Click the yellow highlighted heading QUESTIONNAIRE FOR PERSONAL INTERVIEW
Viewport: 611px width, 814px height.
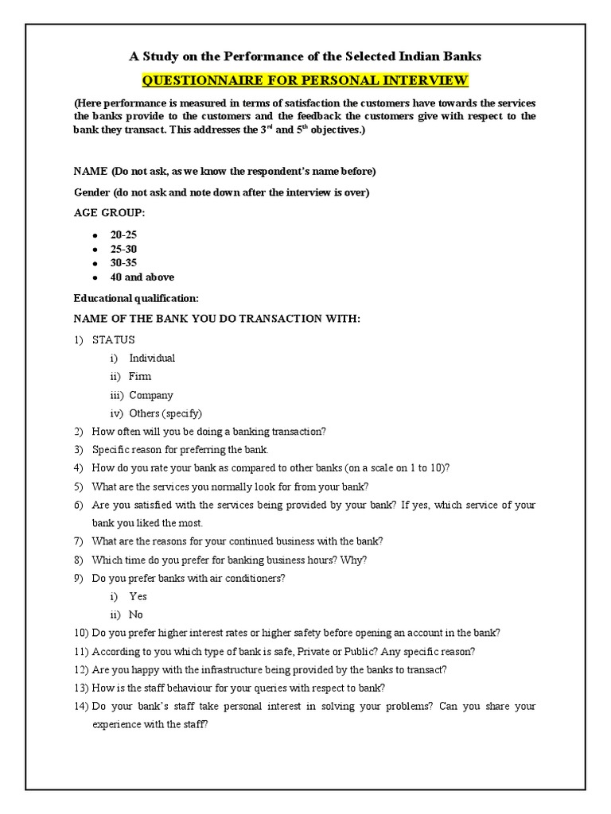(x=305, y=80)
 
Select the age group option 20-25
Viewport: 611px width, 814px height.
(x=123, y=235)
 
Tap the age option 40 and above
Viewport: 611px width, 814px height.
(x=142, y=277)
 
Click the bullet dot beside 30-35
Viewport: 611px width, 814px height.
(x=95, y=264)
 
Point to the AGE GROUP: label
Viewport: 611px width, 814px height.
(x=110, y=213)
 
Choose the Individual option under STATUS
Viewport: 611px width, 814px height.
(x=152, y=358)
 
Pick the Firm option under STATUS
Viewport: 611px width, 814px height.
(x=140, y=376)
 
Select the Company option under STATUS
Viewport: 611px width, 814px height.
(x=150, y=395)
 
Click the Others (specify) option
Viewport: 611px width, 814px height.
(x=165, y=413)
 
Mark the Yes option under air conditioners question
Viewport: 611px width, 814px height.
(x=138, y=596)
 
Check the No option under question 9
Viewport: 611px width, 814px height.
(x=136, y=614)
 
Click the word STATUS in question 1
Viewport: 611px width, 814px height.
(x=114, y=339)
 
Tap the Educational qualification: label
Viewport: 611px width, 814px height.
(x=136, y=298)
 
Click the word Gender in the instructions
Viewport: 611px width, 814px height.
(x=91, y=192)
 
